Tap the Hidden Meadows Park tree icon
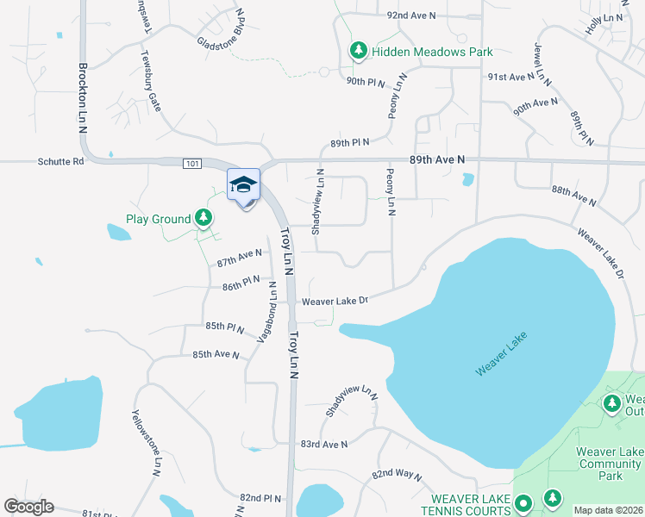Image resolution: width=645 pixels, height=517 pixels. [358, 52]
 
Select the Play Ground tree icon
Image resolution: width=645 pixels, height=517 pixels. [204, 218]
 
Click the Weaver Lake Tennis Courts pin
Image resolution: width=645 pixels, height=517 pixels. [523, 503]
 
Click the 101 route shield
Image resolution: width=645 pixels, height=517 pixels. [192, 163]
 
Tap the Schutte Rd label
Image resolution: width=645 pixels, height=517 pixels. [60, 161]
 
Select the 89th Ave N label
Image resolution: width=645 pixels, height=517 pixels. [436, 159]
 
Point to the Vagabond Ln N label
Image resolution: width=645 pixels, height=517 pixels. [267, 312]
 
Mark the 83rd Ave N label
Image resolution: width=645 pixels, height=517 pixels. [323, 444]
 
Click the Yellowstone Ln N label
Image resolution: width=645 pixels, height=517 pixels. [146, 441]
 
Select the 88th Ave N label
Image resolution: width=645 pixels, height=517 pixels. [573, 196]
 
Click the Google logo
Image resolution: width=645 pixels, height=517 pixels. [28, 507]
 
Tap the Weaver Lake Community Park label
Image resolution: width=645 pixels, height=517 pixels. [610, 464]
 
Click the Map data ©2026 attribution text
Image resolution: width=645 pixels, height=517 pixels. [608, 510]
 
